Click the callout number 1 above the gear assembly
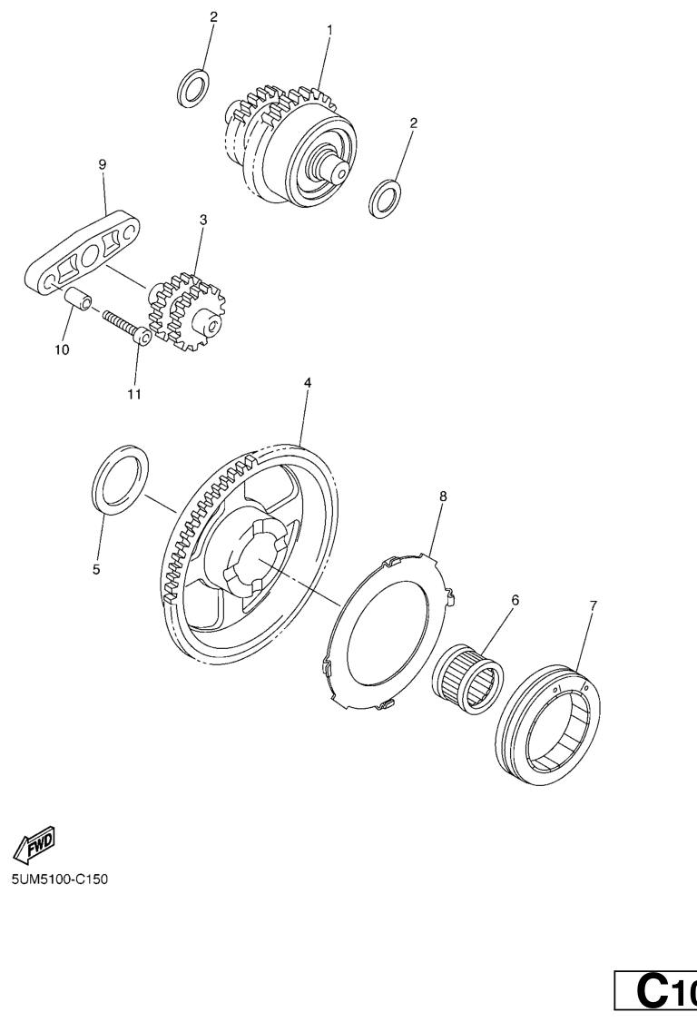(330, 30)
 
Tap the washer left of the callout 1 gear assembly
(193, 88)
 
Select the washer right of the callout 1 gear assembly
(386, 198)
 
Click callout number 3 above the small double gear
(203, 220)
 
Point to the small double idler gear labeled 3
(187, 310)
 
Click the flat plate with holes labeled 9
(83, 251)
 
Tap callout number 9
(103, 165)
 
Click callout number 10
(62, 350)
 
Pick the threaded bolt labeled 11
(128, 325)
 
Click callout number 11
(134, 394)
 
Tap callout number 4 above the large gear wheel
(308, 383)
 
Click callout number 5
(96, 570)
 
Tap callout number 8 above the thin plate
(444, 496)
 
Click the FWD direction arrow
(34, 844)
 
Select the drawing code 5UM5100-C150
(60, 880)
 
